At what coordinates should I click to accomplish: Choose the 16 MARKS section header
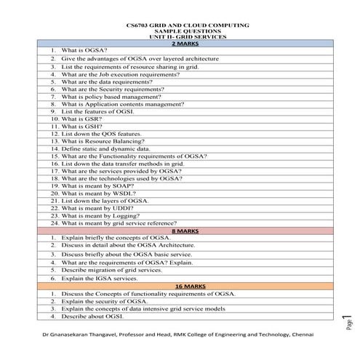(x=180, y=286)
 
